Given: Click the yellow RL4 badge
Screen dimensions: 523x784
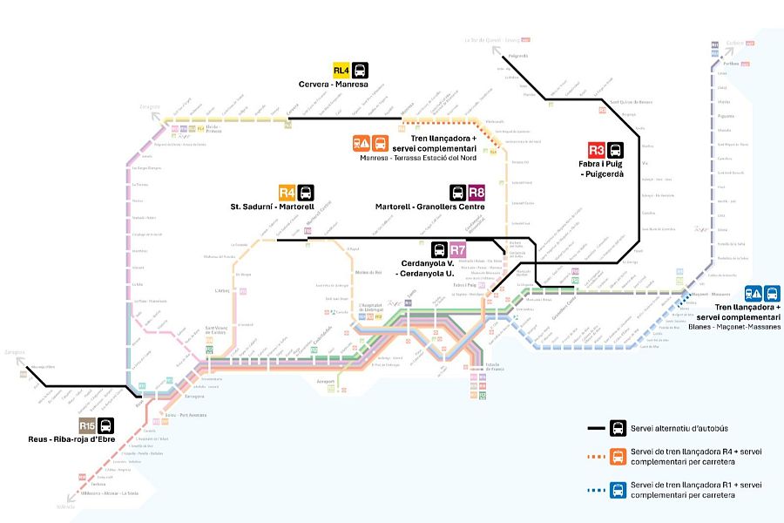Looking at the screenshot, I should click(x=341, y=71).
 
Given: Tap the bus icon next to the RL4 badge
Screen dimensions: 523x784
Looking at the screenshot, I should click(x=360, y=71).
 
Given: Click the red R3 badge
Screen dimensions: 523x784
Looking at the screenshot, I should click(x=596, y=149).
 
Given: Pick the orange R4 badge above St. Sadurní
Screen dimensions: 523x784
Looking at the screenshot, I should click(x=287, y=193).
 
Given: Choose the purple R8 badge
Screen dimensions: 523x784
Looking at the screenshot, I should click(x=476, y=193).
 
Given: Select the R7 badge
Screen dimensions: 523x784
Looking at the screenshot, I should click(x=458, y=249).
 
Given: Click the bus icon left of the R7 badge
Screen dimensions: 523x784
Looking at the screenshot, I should click(x=440, y=249).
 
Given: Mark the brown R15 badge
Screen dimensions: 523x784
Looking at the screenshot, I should click(x=87, y=425).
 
